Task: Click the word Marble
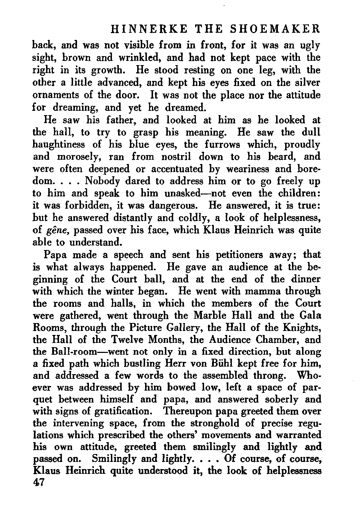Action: pos(211,315)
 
